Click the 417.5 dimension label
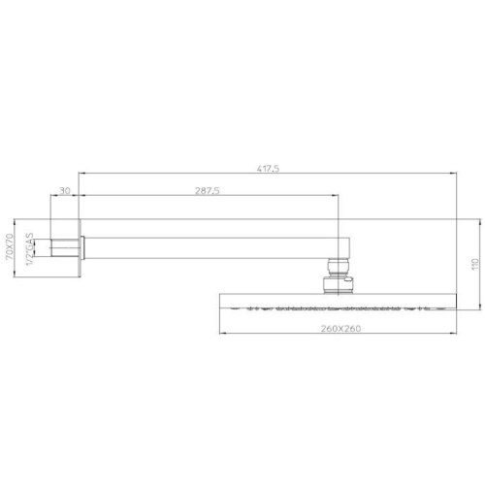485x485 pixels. (x=268, y=169)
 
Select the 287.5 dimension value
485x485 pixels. (x=208, y=191)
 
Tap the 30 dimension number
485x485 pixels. (x=65, y=191)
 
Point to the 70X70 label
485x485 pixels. (x=9, y=246)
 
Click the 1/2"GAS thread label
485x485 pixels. (x=30, y=249)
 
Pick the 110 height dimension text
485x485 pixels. (x=475, y=264)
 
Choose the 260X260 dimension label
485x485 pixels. (x=340, y=329)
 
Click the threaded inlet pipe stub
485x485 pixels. (x=65, y=248)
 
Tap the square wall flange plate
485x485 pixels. (x=80, y=248)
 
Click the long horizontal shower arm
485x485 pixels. (x=216, y=248)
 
